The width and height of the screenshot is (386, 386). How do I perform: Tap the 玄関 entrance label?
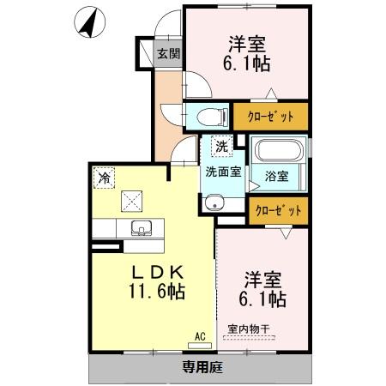click(168, 54)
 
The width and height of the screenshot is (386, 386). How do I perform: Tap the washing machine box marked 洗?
click(221, 147)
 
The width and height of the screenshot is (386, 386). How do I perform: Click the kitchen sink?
click(141, 229)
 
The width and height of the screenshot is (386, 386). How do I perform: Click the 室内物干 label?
click(248, 328)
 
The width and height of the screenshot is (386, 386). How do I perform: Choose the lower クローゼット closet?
click(276, 208)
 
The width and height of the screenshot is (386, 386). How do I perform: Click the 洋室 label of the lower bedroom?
click(262, 279)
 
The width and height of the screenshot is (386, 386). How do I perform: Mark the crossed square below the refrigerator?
click(132, 201)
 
